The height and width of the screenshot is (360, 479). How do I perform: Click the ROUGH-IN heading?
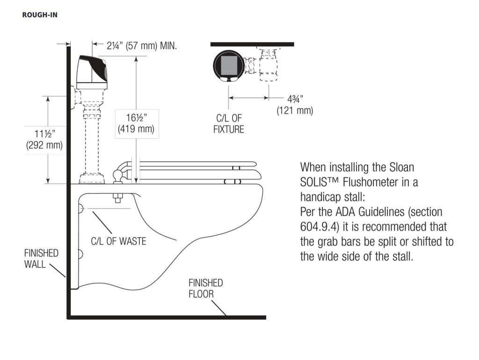[40, 15]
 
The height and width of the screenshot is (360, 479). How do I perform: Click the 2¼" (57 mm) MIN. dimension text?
[142, 46]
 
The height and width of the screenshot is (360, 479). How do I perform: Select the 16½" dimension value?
[137, 118]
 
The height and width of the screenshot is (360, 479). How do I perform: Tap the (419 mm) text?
[136, 129]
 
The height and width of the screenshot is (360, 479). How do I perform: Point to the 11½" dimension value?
[44, 134]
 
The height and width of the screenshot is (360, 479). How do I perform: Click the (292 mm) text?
[44, 145]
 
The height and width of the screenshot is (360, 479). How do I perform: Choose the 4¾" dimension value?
[295, 99]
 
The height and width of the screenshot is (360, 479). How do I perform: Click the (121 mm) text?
[295, 110]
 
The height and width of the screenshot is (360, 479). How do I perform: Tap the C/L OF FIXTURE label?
[229, 124]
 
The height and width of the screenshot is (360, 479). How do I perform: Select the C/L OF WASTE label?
[118, 241]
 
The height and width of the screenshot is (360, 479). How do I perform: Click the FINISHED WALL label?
[41, 259]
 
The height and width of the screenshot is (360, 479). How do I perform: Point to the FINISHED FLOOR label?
[206, 288]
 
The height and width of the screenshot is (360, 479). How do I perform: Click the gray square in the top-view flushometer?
[228, 65]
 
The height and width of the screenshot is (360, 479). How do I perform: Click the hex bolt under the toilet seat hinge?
[118, 198]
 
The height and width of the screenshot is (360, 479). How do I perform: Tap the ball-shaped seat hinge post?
[118, 176]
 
